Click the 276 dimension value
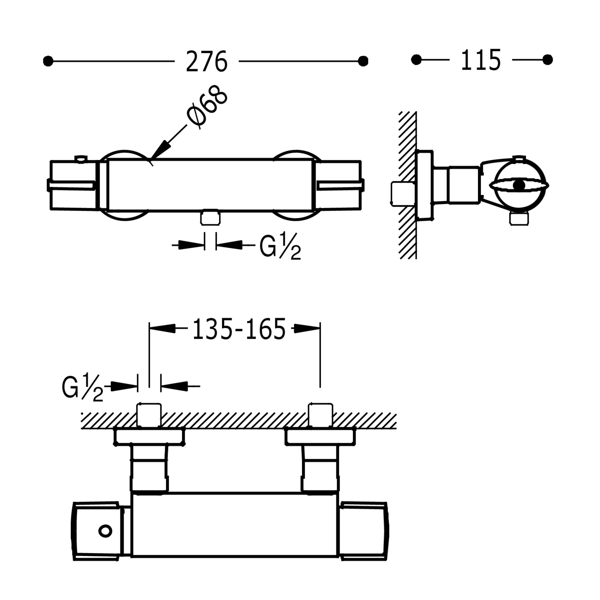click(x=206, y=62)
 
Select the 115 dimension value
click(x=480, y=61)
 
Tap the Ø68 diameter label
click(x=207, y=107)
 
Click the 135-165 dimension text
click(x=239, y=329)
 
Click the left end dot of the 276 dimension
click(x=48, y=61)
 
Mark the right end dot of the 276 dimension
click(x=363, y=61)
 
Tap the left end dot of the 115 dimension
click(x=416, y=60)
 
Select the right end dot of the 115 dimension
click(x=548, y=60)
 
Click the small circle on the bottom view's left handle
click(x=105, y=531)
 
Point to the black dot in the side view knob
click(x=519, y=185)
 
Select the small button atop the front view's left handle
click(x=81, y=159)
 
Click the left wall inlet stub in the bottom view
click(x=149, y=415)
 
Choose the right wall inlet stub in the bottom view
click(x=321, y=415)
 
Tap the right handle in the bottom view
click(x=363, y=530)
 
